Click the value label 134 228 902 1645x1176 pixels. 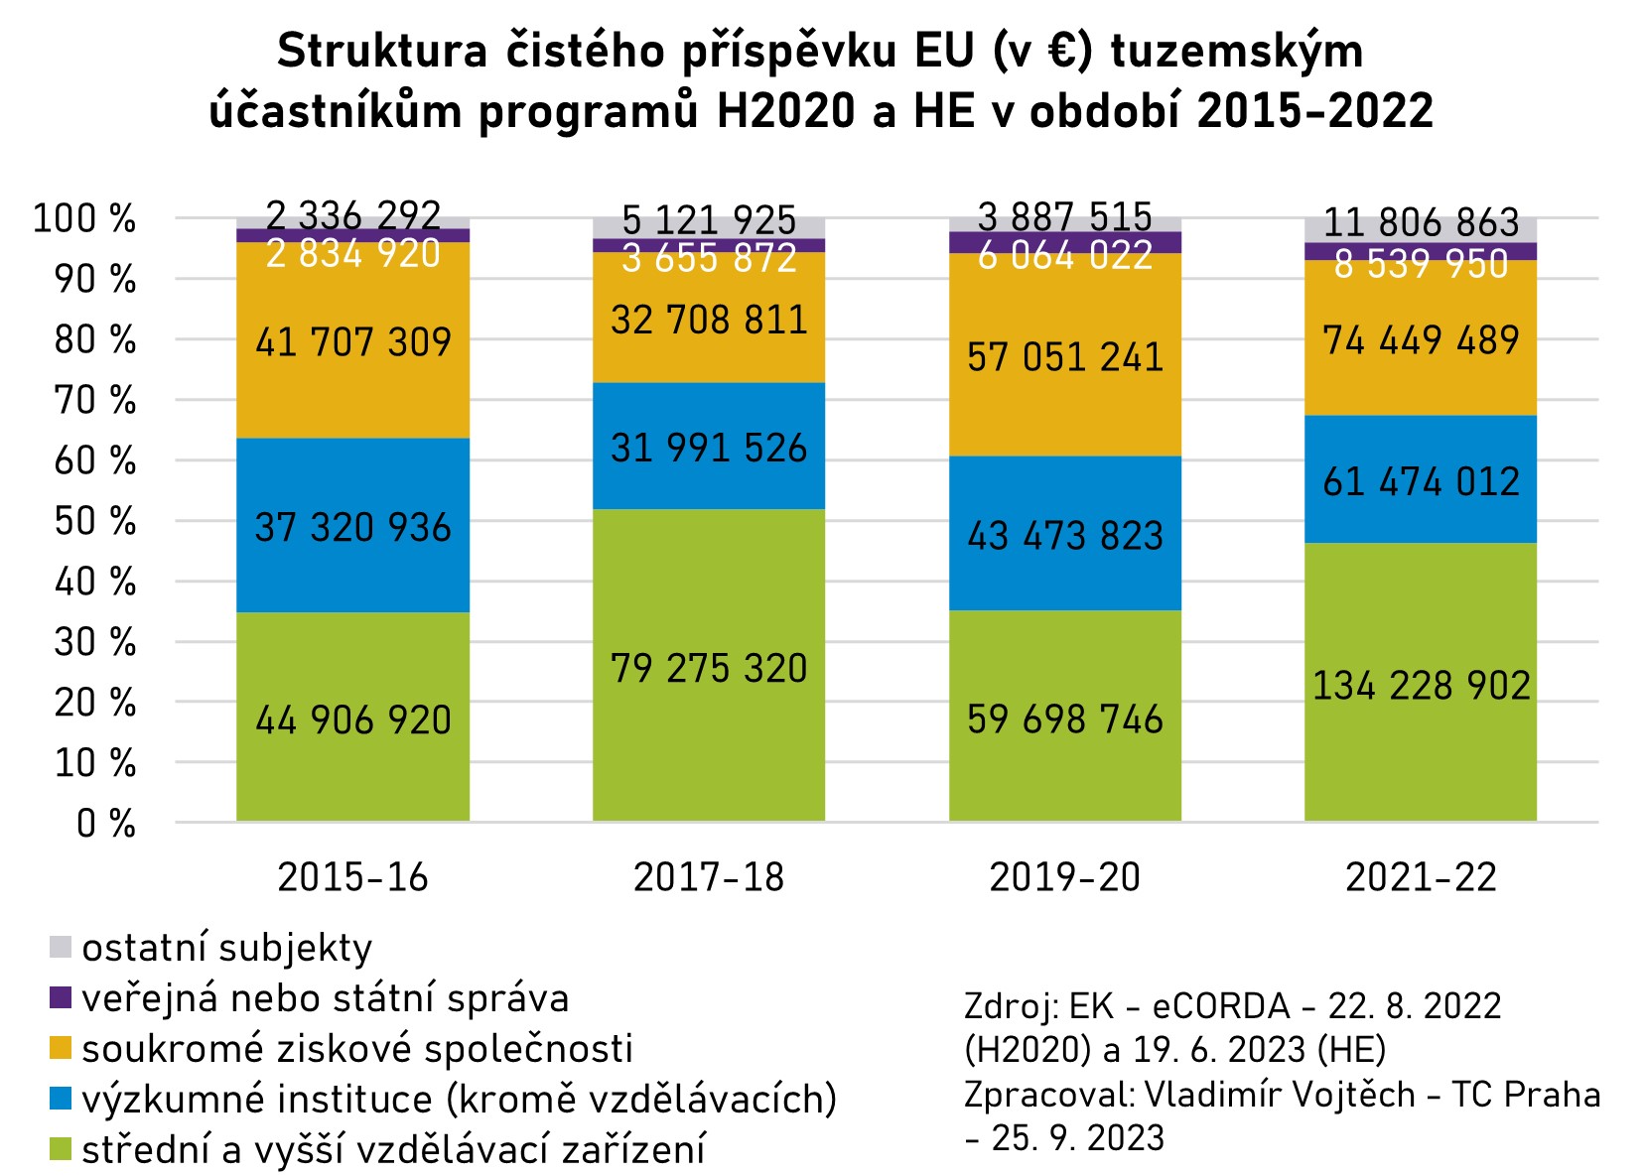click(x=1421, y=686)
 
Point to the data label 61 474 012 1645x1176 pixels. click(x=1421, y=482)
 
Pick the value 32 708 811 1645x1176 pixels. click(x=709, y=321)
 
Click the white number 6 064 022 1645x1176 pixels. click(x=1065, y=256)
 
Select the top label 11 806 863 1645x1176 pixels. click(x=1421, y=222)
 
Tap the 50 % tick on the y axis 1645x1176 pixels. click(x=95, y=521)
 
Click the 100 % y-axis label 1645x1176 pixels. click(x=84, y=218)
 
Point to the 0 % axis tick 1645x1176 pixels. click(x=106, y=824)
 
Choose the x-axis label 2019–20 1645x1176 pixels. click(x=1065, y=877)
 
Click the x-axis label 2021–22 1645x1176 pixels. click(x=1421, y=877)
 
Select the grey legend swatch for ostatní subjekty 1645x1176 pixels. click(x=61, y=947)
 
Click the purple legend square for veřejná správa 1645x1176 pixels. click(x=61, y=997)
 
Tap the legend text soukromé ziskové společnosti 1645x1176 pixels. click(x=357, y=1049)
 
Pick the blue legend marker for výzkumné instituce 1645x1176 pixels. click(x=61, y=1099)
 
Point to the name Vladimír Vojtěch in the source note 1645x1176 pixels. click(x=1280, y=1094)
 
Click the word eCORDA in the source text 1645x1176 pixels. click(x=1221, y=1006)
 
